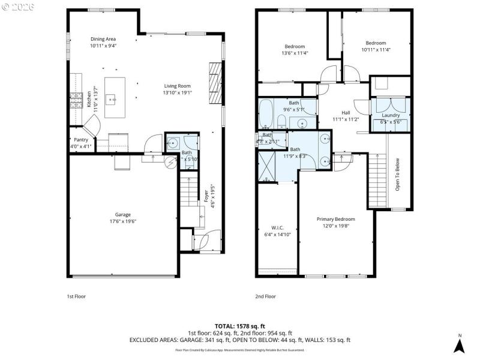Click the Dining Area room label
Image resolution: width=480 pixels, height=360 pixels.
[x=103, y=39]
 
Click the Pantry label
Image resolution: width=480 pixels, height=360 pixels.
[x=81, y=140]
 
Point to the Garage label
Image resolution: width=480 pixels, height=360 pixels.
[x=123, y=215]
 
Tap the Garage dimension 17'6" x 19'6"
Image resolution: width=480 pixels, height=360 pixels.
[x=123, y=221]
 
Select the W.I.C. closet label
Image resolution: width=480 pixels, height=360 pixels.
[x=277, y=227]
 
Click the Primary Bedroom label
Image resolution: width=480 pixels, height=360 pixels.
[x=336, y=219]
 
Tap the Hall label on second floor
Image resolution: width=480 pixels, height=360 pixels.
[x=346, y=112]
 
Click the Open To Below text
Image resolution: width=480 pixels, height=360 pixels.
[x=397, y=175]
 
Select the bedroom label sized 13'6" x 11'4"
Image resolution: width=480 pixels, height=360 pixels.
[x=295, y=46]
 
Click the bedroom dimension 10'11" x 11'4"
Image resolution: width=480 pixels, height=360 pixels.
[x=376, y=50]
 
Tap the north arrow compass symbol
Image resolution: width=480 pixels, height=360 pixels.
[x=459, y=344]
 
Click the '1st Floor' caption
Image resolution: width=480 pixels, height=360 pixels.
[x=76, y=296]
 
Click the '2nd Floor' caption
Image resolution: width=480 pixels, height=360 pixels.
[x=266, y=296]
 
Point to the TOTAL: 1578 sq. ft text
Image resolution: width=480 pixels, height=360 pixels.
[x=239, y=326]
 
